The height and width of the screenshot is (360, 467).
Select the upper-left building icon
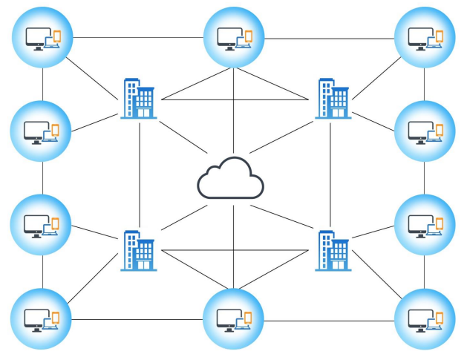point(138,99)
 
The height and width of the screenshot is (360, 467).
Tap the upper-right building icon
point(332,99)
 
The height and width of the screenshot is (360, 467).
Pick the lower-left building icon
point(138,249)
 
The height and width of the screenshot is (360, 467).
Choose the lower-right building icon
point(332,249)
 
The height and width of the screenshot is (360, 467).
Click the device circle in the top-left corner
point(42,36)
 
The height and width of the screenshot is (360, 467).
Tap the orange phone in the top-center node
point(248,35)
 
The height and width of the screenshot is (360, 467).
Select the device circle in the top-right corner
point(425,36)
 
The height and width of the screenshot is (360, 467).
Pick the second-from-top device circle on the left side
point(42,131)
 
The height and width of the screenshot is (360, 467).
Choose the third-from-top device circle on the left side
point(42,224)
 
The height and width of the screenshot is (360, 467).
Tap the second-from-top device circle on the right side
point(425,131)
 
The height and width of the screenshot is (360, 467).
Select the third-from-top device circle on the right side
point(425,224)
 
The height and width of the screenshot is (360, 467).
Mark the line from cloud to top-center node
point(234,111)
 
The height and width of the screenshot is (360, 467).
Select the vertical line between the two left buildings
point(139,174)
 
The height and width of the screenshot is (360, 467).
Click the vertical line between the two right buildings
point(330,174)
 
